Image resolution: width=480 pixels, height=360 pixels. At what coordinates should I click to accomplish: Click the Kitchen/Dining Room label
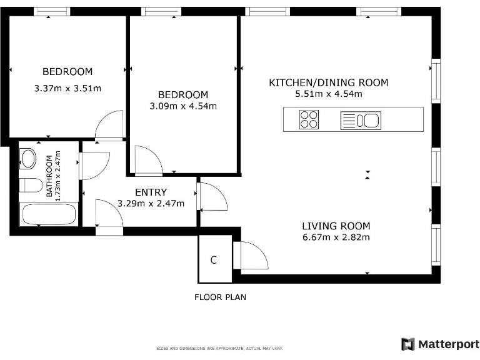[x=328, y=82]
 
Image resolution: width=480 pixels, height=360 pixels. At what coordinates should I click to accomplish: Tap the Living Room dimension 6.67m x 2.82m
[x=336, y=237]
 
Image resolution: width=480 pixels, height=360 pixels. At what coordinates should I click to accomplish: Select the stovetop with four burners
[x=309, y=119]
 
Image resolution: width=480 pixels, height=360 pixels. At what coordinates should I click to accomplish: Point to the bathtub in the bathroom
[x=49, y=214]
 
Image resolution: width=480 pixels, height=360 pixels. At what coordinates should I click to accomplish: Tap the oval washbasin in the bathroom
[x=29, y=159]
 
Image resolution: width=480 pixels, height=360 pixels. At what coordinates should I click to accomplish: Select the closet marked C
[x=214, y=260]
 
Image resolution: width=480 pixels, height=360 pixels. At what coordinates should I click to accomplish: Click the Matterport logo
[x=440, y=344]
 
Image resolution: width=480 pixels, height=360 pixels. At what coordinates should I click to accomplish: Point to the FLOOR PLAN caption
[x=220, y=297]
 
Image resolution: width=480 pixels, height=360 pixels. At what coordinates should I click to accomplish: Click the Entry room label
[x=151, y=192]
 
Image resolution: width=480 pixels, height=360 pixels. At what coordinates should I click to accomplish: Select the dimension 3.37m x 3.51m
[x=67, y=89]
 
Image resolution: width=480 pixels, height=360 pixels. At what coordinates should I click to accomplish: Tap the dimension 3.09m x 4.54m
[x=183, y=106]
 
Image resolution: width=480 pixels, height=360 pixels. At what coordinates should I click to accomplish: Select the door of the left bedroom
[x=109, y=126]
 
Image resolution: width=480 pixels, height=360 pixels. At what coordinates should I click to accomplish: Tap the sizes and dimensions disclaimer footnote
[x=219, y=348]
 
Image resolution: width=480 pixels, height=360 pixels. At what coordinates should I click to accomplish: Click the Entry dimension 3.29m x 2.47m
[x=151, y=204]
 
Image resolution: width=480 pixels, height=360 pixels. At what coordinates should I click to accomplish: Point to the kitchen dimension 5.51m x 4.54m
[x=328, y=94]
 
